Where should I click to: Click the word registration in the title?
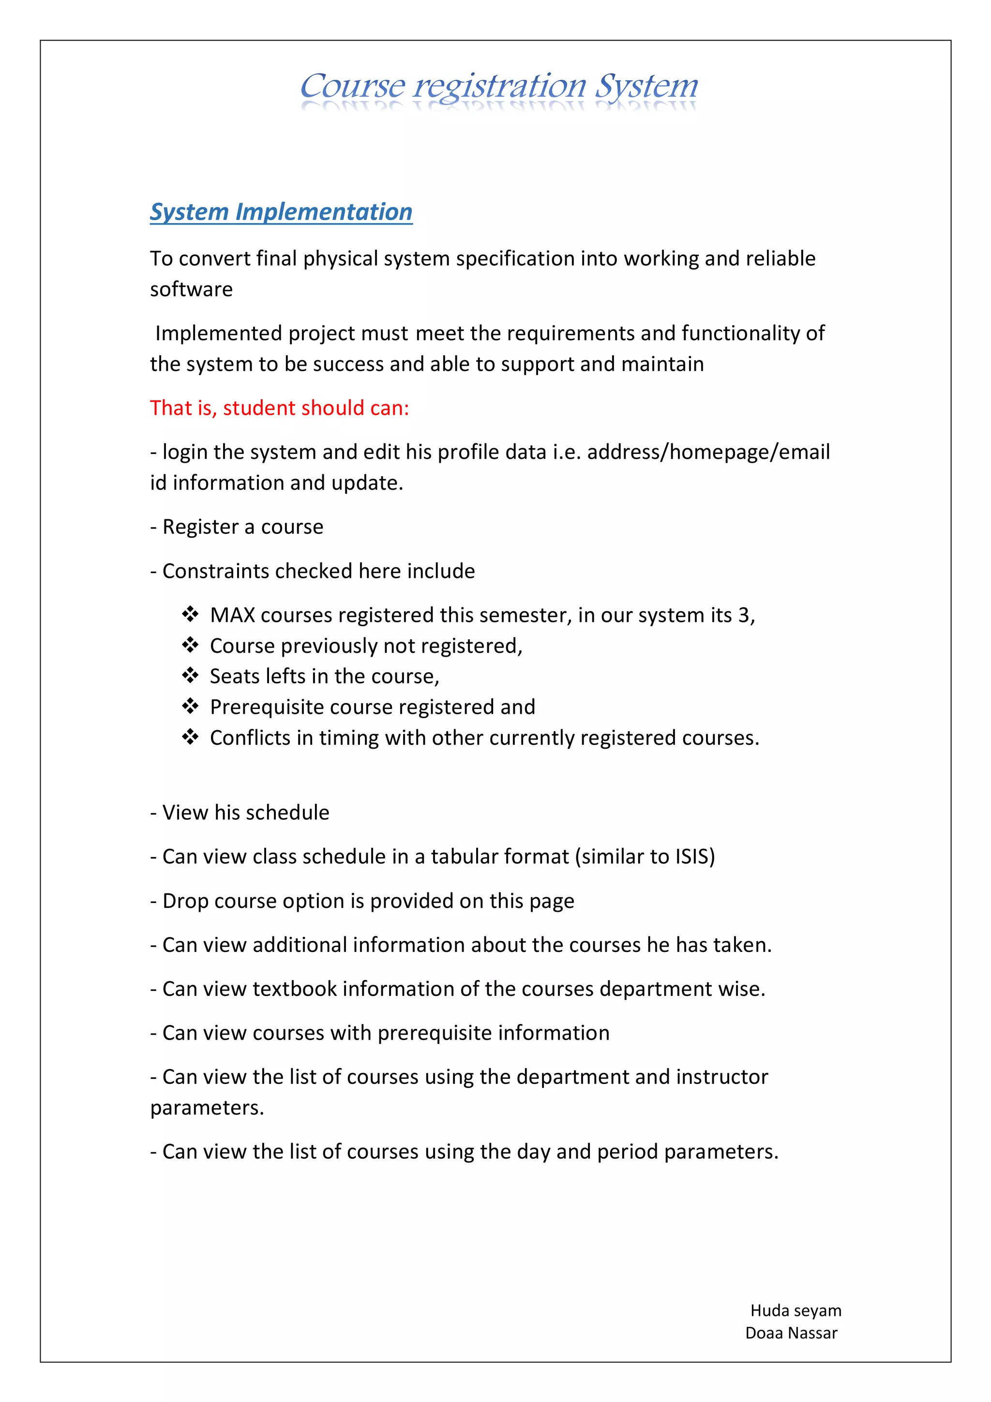click(x=499, y=86)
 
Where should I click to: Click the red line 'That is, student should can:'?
click(x=280, y=408)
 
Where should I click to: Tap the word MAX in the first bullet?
click(x=232, y=615)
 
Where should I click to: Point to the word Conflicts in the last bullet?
click(x=250, y=738)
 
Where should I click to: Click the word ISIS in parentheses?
click(x=691, y=857)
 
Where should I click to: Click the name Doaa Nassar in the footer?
click(x=791, y=1333)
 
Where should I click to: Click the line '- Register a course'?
click(x=237, y=527)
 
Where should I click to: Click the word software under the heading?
click(x=191, y=289)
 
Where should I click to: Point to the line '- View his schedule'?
click(x=240, y=813)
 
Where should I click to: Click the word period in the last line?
click(x=627, y=1152)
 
